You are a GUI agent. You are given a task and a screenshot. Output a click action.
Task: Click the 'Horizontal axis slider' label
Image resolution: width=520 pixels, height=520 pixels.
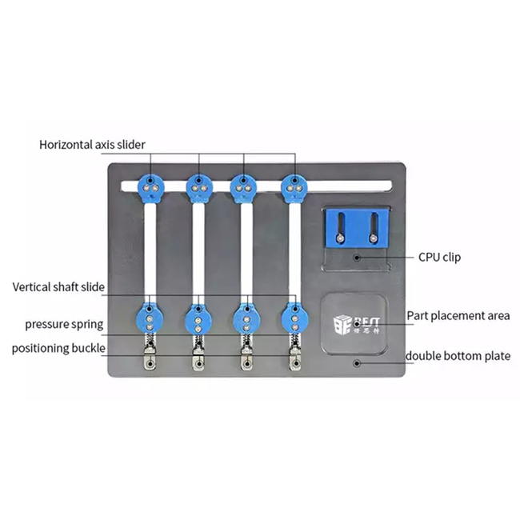(x=92, y=145)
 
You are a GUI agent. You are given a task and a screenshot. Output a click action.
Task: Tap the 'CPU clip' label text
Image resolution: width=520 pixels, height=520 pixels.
(x=439, y=257)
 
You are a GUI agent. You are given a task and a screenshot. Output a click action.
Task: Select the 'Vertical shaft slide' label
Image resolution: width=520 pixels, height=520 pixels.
(x=58, y=287)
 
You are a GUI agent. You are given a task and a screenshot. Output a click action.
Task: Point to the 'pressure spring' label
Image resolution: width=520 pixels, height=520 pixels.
(x=64, y=324)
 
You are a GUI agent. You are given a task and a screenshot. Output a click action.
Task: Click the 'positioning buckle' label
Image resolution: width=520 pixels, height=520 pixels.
(x=58, y=349)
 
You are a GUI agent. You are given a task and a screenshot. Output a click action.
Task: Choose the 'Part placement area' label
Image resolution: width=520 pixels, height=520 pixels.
(x=458, y=316)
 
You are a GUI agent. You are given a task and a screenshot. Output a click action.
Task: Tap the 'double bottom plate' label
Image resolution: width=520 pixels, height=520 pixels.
(x=458, y=356)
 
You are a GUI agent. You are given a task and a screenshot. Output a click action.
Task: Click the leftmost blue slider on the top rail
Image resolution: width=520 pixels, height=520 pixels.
(x=150, y=188)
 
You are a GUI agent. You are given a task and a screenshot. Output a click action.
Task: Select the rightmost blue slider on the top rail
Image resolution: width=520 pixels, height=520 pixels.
(x=294, y=188)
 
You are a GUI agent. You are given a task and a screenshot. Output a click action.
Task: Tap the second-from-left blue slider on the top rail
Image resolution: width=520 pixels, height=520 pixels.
(x=199, y=188)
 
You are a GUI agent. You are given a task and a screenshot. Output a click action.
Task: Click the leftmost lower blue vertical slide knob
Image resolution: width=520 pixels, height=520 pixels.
(x=150, y=318)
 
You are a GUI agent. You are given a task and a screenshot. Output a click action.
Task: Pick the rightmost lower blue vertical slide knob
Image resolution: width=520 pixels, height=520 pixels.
(x=295, y=319)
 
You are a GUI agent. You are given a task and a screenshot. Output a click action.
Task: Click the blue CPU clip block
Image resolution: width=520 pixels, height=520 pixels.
(x=357, y=228)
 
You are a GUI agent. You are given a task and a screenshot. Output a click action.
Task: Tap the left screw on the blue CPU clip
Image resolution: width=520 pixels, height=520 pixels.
(x=339, y=238)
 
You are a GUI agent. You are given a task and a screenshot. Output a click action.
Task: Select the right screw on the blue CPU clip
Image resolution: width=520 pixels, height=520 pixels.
(x=373, y=238)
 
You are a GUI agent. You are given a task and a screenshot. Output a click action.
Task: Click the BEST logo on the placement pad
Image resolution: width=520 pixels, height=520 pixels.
(x=357, y=324)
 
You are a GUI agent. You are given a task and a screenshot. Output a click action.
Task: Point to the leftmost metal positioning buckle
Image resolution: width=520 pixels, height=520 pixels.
(x=150, y=358)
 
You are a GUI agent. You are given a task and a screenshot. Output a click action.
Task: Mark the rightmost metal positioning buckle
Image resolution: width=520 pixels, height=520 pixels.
(x=295, y=358)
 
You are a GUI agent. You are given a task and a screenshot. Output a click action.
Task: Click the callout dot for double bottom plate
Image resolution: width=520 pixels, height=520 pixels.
(x=357, y=363)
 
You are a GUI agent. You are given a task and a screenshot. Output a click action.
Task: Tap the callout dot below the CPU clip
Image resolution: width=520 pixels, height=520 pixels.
(x=357, y=258)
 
